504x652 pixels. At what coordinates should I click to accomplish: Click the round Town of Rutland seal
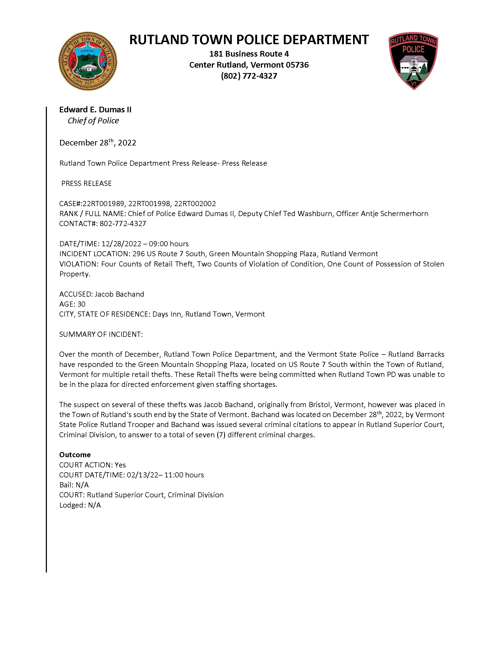[x=88, y=61]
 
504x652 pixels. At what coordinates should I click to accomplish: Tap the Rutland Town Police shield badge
[x=413, y=61]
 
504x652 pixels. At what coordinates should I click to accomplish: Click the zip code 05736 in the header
[x=297, y=65]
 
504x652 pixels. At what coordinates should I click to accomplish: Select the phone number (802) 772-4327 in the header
[x=249, y=76]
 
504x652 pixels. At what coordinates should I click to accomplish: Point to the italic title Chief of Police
[x=93, y=121]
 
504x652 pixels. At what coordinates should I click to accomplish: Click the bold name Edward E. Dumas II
[x=95, y=110]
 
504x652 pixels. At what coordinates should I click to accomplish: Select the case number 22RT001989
[x=103, y=204]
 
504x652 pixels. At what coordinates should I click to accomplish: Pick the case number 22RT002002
[x=195, y=204]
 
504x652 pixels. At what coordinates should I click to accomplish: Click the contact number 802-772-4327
[x=123, y=224]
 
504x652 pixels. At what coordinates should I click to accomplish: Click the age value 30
[x=81, y=304]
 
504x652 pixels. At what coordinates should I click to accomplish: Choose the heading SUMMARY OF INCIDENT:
[x=101, y=334]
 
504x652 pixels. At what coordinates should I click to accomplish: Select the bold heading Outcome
[x=75, y=455]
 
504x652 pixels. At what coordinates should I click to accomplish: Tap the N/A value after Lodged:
[x=94, y=505]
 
